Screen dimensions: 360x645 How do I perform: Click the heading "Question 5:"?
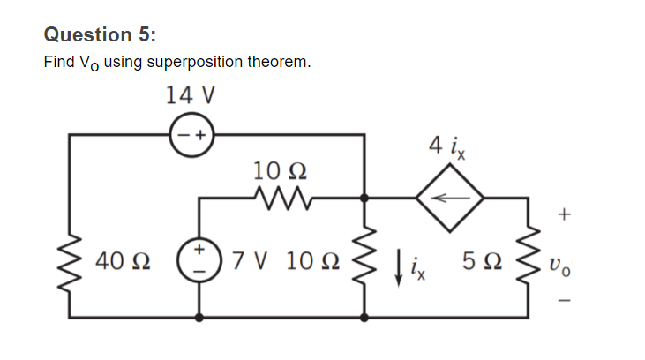(x=99, y=35)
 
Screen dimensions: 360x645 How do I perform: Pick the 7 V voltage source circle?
(x=201, y=259)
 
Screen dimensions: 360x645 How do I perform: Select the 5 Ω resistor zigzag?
(x=531, y=259)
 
